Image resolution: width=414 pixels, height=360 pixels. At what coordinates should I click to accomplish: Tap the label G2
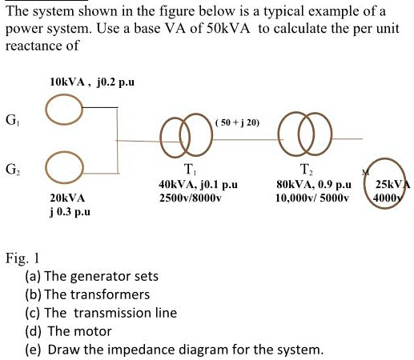(12, 170)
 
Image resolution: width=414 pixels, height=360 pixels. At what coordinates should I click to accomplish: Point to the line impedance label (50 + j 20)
(237, 122)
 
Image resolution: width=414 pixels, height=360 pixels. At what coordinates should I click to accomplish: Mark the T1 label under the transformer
(188, 170)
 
